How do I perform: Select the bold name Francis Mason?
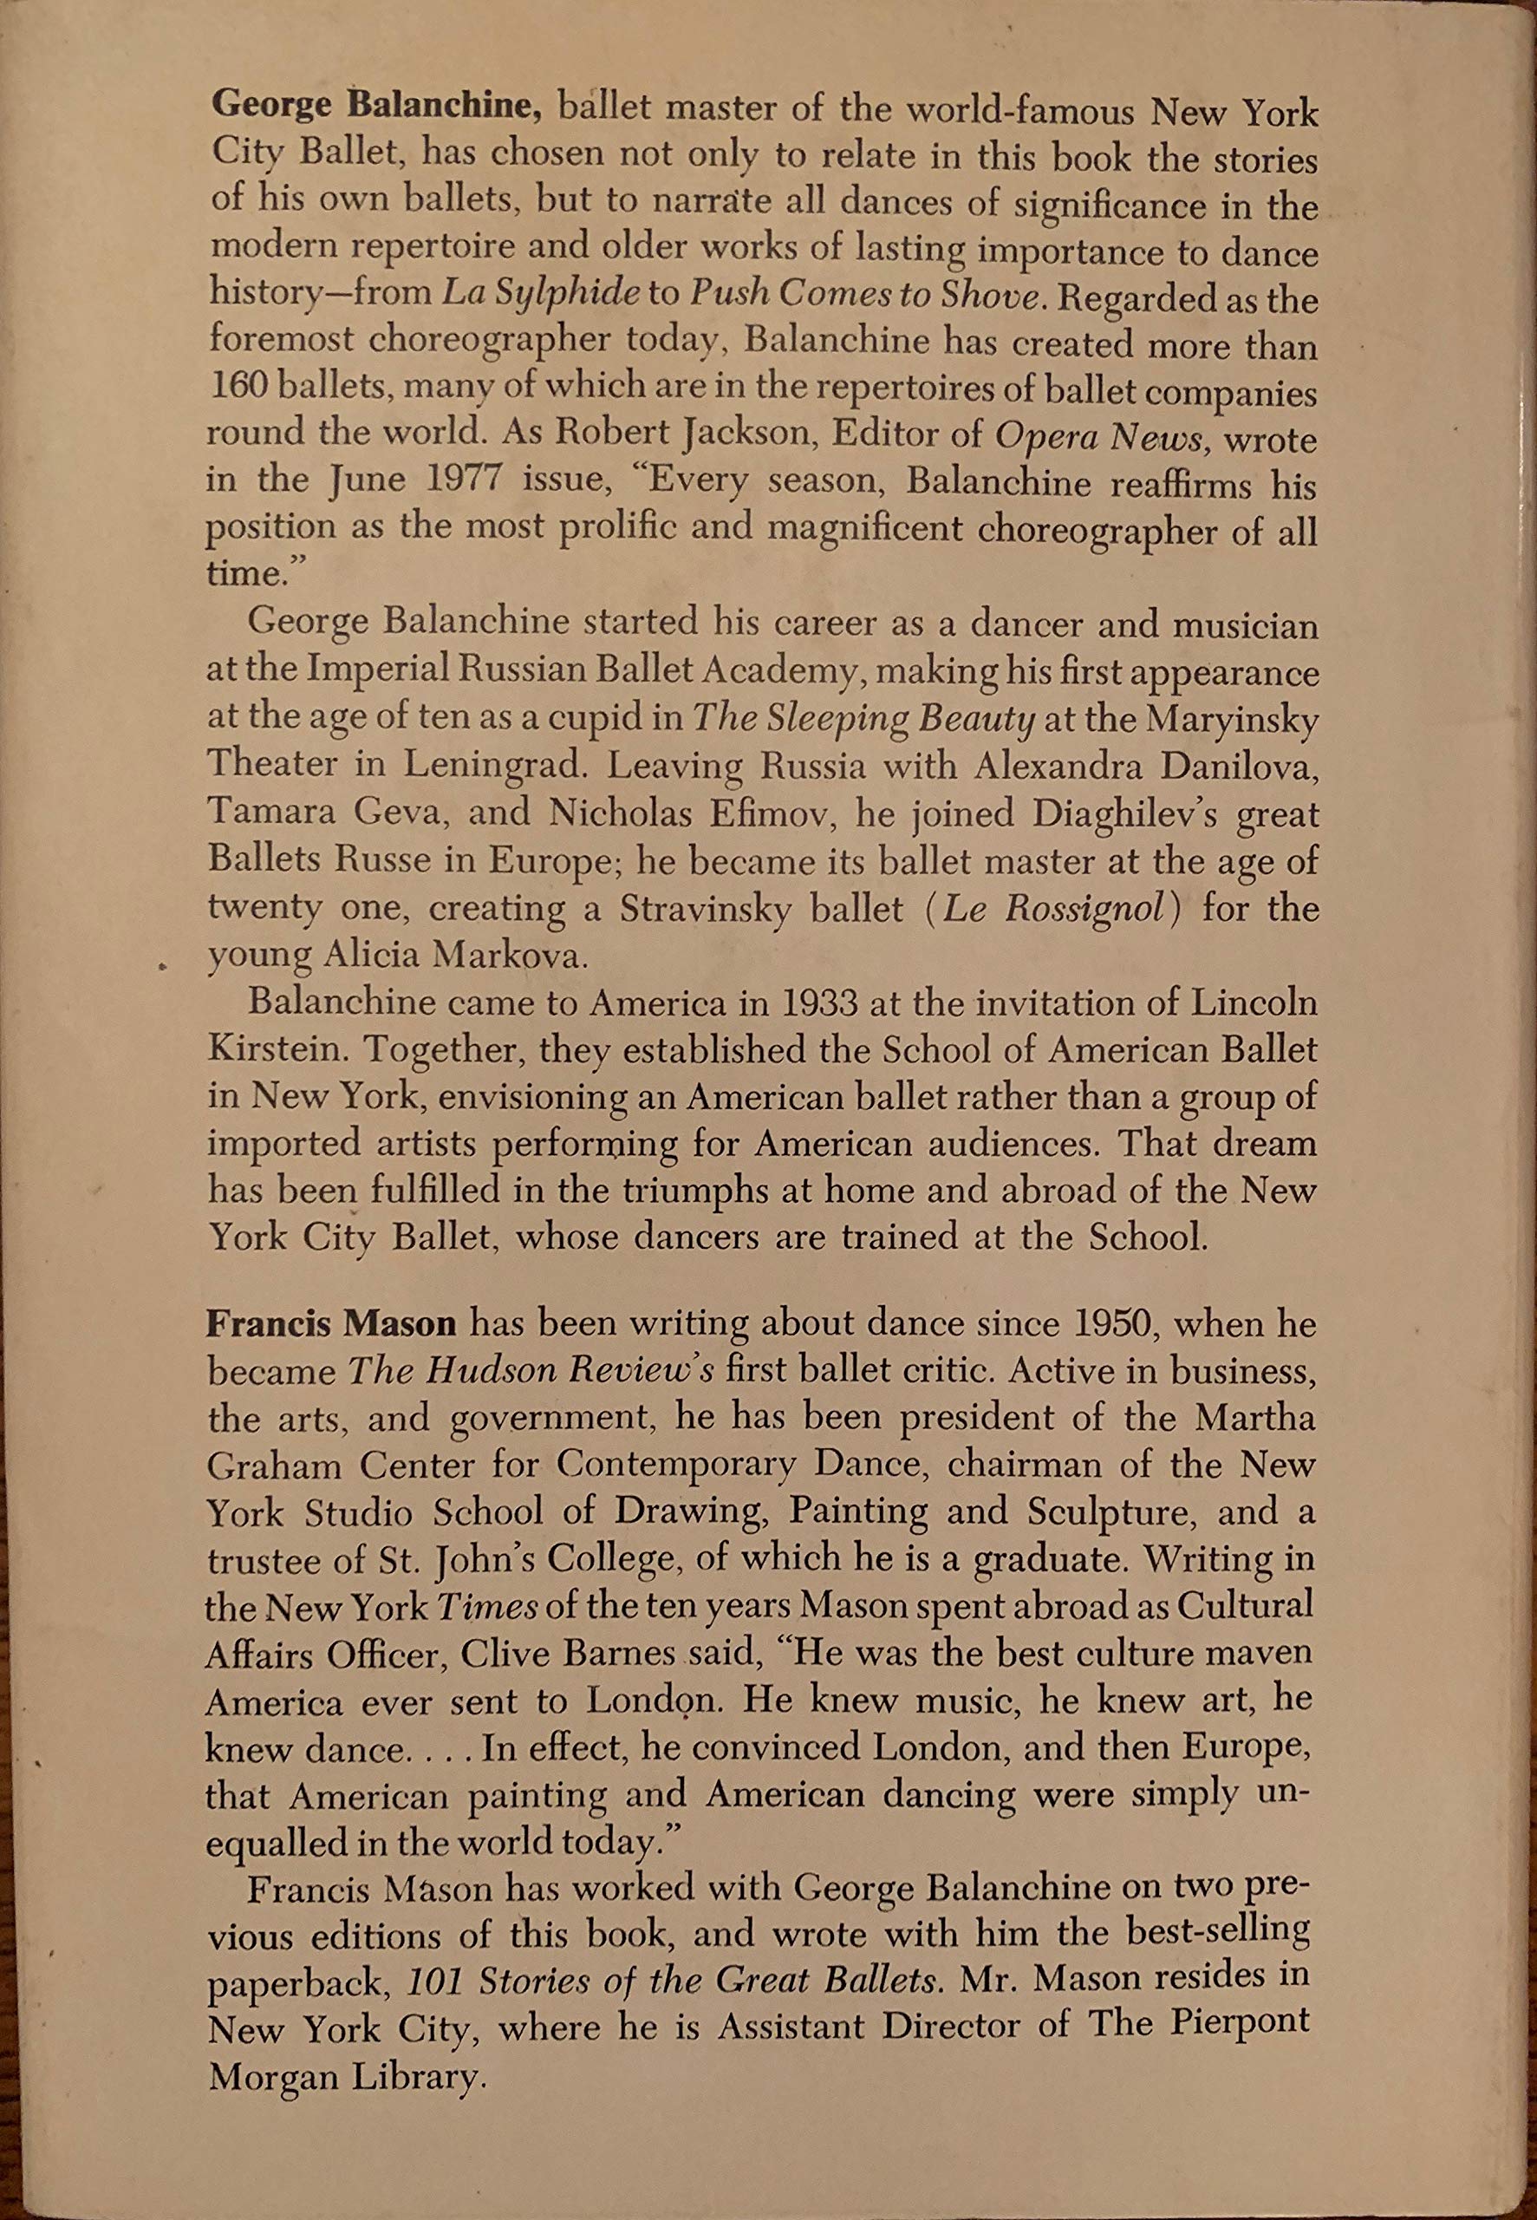tap(330, 1323)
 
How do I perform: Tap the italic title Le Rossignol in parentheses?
tap(1053, 909)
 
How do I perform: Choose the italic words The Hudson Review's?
tap(531, 1370)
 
